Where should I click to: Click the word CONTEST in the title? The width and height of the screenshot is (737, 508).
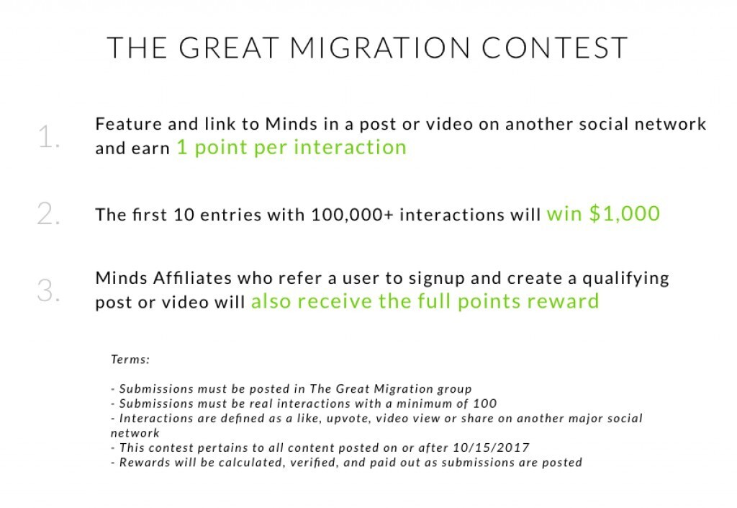tap(555, 48)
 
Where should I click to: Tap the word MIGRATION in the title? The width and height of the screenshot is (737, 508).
tap(380, 48)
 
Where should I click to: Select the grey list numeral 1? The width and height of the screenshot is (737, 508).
tap(48, 137)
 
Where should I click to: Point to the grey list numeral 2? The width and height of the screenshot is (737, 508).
tap(48, 213)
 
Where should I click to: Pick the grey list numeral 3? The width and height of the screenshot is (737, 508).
tap(48, 290)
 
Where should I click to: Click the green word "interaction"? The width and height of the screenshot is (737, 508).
tap(351, 147)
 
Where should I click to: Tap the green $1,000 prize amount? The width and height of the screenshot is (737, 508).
tap(624, 213)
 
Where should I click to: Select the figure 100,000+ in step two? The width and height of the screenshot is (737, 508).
tap(352, 215)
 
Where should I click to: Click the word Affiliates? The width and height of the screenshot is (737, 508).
tap(192, 278)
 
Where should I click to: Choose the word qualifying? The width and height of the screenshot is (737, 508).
tap(625, 279)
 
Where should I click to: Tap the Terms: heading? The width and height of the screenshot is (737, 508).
tap(130, 360)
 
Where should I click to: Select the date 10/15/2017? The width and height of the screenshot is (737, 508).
tap(491, 447)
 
